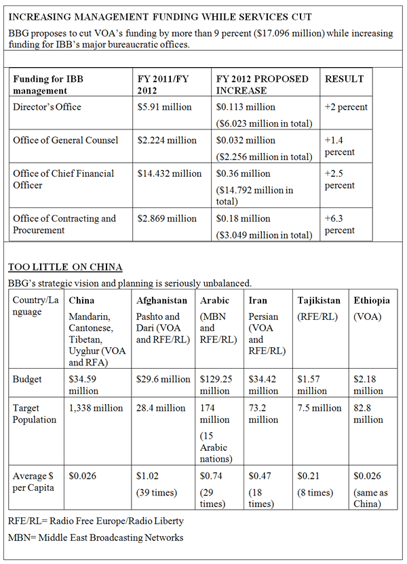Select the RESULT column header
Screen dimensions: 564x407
click(x=344, y=79)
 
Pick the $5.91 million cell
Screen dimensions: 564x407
click(x=165, y=107)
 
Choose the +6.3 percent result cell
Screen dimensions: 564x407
click(x=339, y=224)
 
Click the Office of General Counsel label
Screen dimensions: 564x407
click(x=65, y=140)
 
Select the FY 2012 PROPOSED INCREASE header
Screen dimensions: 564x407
click(x=262, y=85)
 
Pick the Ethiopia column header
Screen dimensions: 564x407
click(x=372, y=300)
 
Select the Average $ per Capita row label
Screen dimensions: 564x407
click(x=35, y=481)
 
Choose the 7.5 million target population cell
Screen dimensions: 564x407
click(x=319, y=408)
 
